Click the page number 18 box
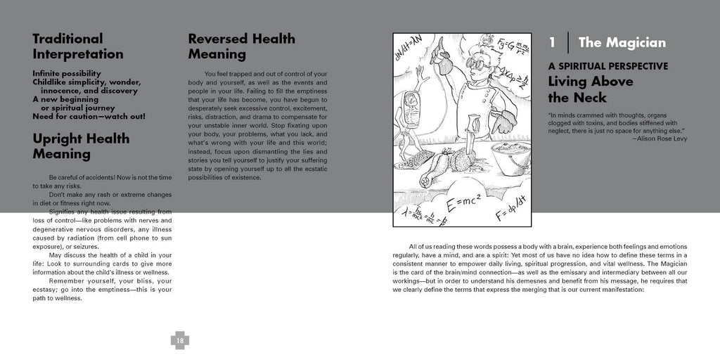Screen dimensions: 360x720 coord(180,341)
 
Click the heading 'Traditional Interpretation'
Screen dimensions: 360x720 coord(78,46)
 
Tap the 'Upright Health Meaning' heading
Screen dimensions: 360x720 coord(81,146)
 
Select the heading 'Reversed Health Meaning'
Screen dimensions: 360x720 coord(241,46)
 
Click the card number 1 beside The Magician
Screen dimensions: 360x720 coord(553,43)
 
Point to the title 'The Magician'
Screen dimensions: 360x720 coord(622,43)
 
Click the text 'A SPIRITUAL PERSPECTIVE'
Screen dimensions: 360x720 coord(607,66)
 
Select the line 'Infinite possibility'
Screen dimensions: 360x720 coord(67,73)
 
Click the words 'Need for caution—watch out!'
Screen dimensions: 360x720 coord(89,116)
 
